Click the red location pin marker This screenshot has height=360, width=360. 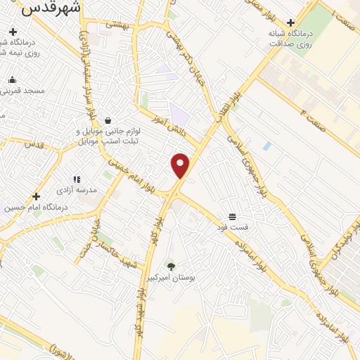(x=181, y=165)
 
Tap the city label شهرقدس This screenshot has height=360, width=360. (x=51, y=8)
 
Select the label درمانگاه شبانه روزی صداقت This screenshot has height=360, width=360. (x=292, y=38)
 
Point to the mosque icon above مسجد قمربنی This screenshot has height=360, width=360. (x=13, y=79)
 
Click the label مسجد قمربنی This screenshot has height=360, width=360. (x=23, y=91)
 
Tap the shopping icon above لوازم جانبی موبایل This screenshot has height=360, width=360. (x=107, y=120)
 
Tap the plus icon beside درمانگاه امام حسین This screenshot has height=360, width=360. (x=36, y=196)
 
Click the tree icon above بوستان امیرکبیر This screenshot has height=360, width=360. (x=169, y=266)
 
